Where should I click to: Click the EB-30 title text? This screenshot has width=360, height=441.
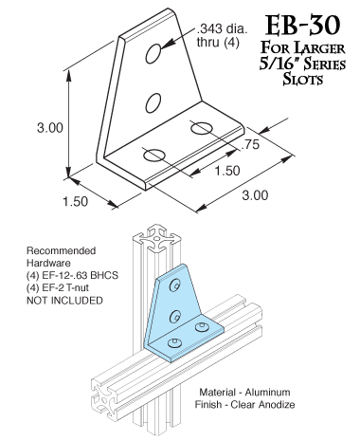pos(297,22)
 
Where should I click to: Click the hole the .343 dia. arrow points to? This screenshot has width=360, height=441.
pos(152,57)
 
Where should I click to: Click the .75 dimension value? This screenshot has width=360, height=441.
pos(250,144)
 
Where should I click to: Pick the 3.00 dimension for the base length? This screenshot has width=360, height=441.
pos(255,195)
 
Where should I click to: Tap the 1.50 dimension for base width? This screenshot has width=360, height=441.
pos(75,203)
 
